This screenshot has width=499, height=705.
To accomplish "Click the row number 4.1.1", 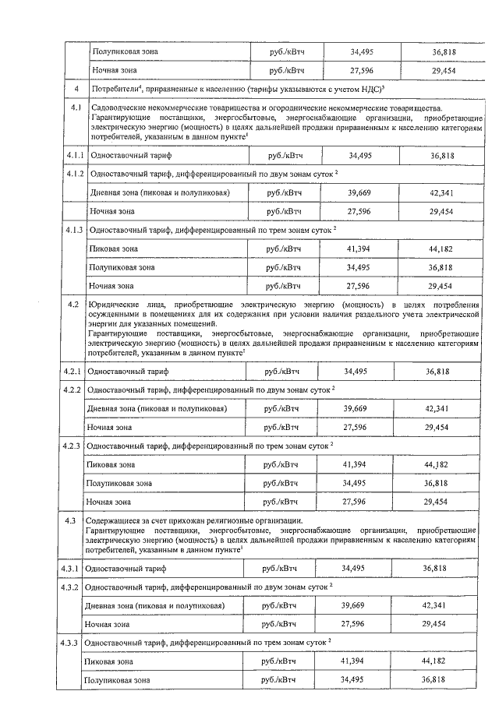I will (75, 156).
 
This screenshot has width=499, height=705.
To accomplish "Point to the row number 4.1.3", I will (75, 231).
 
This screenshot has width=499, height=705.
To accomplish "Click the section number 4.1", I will (75, 108).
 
